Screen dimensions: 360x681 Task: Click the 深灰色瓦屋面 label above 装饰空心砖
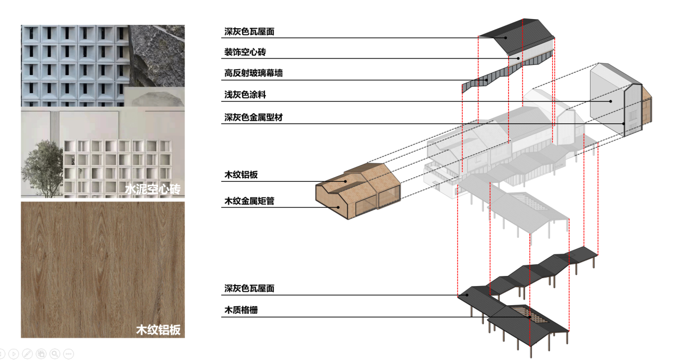pyautogui.click(x=249, y=32)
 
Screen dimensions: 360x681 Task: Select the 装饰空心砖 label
pyautogui.click(x=245, y=53)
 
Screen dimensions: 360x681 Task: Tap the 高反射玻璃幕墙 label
pyautogui.click(x=253, y=73)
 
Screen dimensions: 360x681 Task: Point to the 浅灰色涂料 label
pyautogui.click(x=245, y=95)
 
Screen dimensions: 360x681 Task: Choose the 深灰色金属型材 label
pyautogui.click(x=253, y=117)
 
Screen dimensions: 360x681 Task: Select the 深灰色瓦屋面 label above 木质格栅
pyautogui.click(x=249, y=289)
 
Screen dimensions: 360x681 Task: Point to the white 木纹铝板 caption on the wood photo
pyautogui.click(x=159, y=330)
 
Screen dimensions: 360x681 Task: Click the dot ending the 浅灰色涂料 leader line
pyautogui.click(x=611, y=101)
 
